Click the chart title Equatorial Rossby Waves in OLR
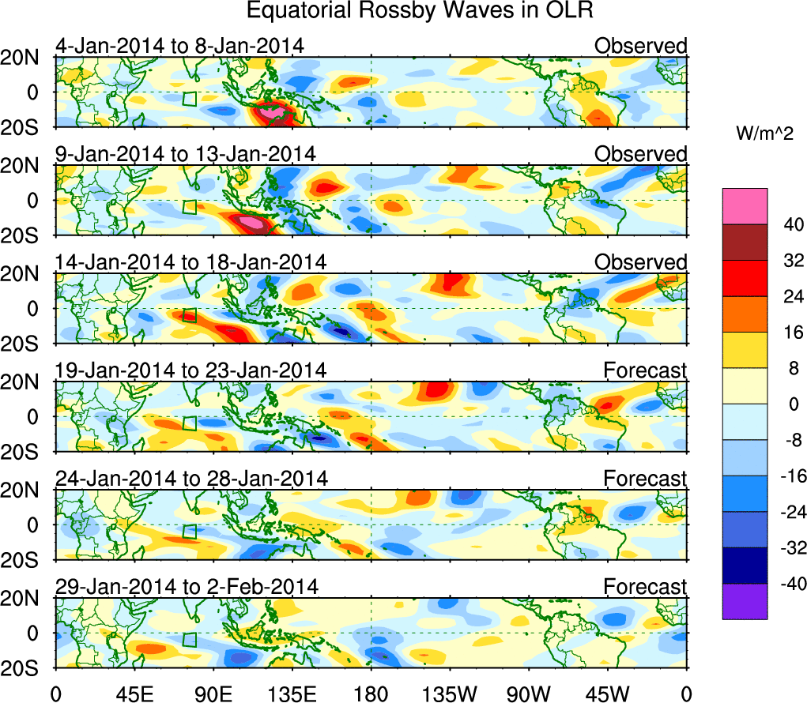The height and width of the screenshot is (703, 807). click(419, 12)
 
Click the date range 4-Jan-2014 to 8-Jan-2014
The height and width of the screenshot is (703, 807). click(179, 46)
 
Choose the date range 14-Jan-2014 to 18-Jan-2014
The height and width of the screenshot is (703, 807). click(190, 262)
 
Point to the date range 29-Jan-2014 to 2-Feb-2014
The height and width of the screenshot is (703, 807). click(186, 587)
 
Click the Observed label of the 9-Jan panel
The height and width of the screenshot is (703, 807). click(641, 154)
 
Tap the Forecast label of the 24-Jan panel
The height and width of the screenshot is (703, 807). click(646, 479)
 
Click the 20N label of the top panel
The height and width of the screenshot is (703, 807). click(26, 58)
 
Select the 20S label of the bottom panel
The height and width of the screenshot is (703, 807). click(26, 668)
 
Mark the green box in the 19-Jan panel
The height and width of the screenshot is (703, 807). click(189, 423)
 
